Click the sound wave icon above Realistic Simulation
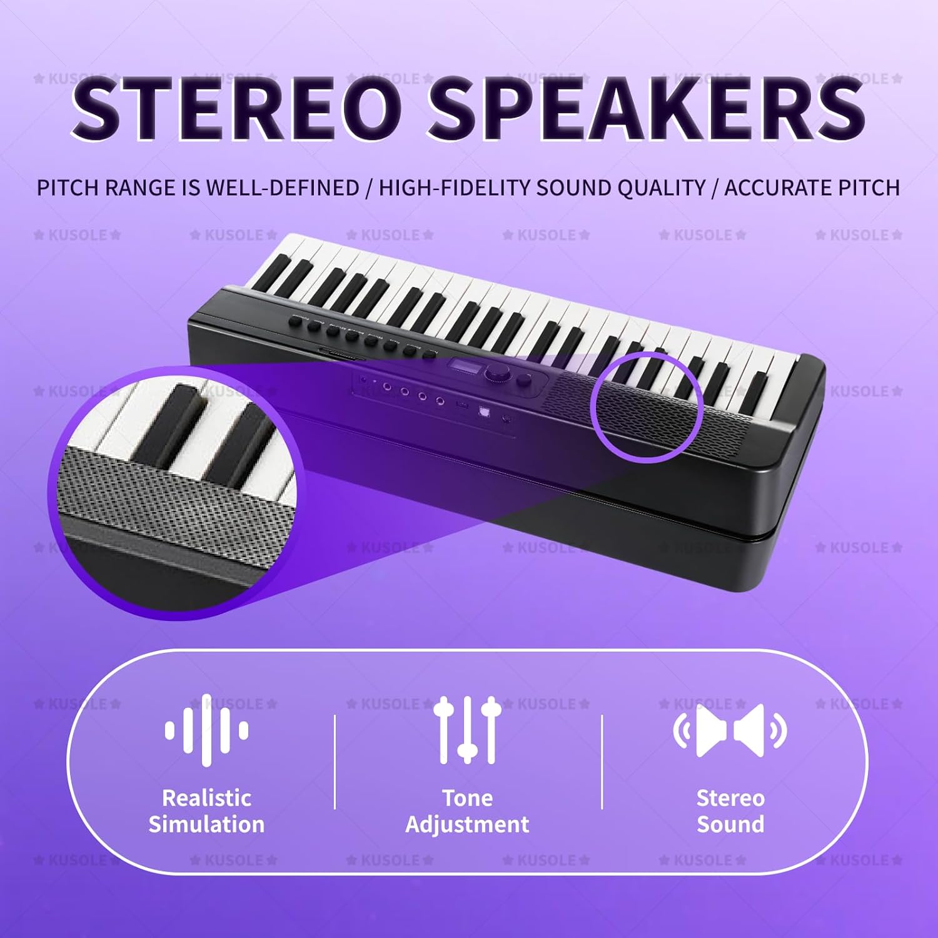point(207,730)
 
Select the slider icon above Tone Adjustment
point(468,730)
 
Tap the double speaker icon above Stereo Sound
point(730,730)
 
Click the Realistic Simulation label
point(207,811)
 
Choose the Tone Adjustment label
point(468,811)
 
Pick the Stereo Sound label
point(730,811)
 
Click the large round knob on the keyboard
point(497,373)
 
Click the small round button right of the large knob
point(524,380)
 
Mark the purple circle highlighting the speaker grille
point(646,407)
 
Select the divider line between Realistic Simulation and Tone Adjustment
point(335,762)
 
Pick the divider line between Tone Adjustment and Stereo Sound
point(602,762)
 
